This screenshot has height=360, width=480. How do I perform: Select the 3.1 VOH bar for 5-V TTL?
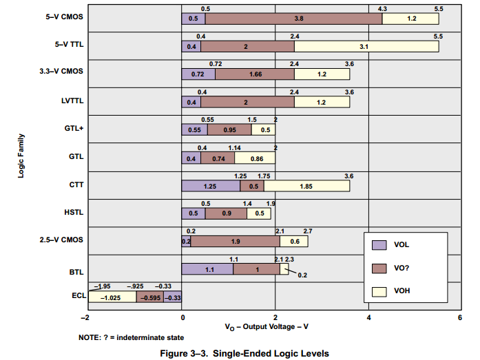point(366,46)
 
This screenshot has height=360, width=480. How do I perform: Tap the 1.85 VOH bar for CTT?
point(306,186)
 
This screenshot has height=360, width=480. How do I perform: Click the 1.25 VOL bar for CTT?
point(210,186)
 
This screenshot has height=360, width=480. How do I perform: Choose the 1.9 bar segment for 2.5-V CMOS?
point(235,242)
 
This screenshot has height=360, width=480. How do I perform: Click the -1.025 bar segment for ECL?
point(110,297)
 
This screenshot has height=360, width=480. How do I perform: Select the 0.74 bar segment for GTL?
point(218,158)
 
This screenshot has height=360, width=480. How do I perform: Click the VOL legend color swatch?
point(378,245)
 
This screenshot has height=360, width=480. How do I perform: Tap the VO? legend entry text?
point(404,268)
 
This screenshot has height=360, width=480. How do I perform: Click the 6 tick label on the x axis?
point(459,317)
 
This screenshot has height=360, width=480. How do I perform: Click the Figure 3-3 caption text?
point(240,353)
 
